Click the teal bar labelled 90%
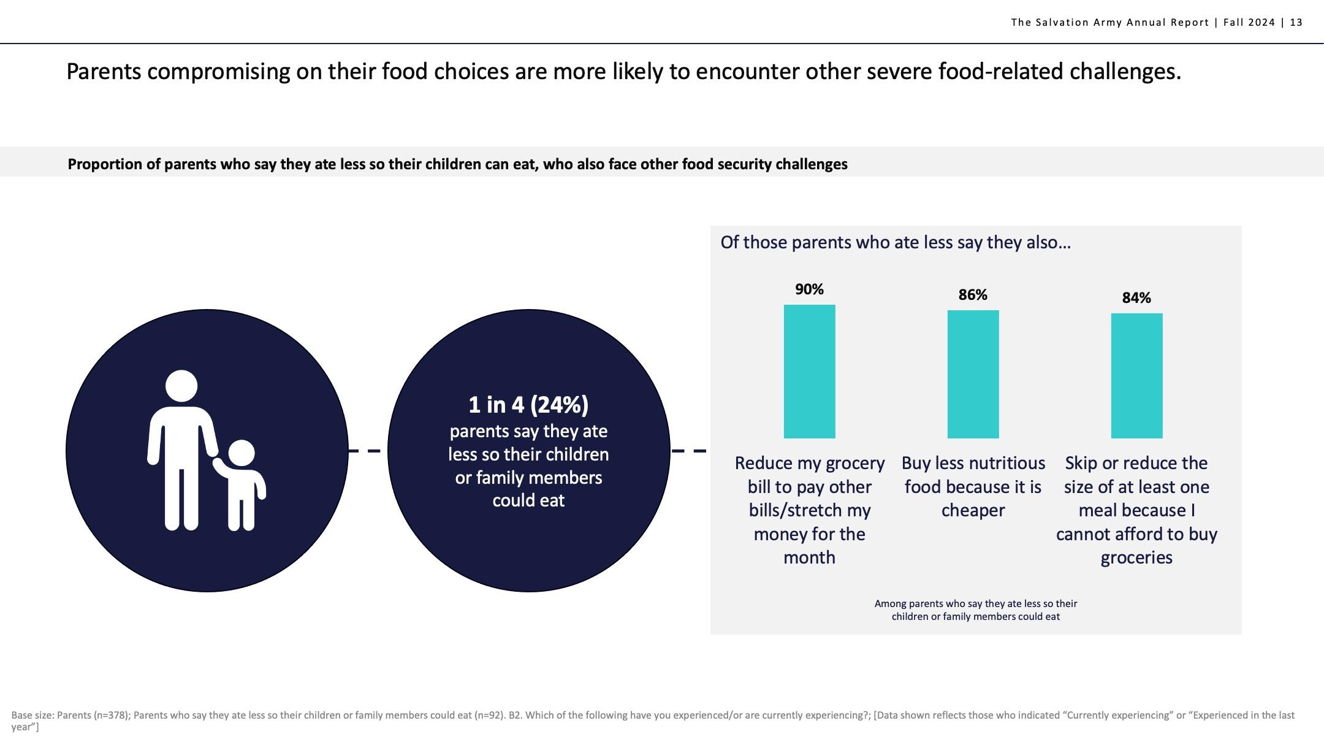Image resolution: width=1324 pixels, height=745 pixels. tap(809, 372)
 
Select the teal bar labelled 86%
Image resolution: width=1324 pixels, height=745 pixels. tap(973, 374)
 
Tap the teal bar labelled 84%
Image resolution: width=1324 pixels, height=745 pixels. tap(1136, 376)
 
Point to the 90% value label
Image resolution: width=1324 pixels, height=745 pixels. tap(809, 289)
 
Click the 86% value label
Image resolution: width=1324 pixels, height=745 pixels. tap(973, 295)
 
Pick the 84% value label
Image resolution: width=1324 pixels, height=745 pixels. tap(1136, 298)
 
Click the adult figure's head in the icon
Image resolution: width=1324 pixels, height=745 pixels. tap(181, 386)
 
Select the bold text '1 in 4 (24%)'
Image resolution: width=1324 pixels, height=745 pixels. tap(528, 405)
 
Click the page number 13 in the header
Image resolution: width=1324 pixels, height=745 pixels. tap(1296, 23)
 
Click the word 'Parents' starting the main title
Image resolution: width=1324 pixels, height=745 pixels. tap(104, 72)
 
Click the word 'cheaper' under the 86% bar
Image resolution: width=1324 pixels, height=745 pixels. tap(973, 510)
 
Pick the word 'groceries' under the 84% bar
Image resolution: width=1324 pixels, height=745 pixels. tap(1136, 558)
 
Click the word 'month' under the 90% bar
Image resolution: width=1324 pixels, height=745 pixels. tap(809, 557)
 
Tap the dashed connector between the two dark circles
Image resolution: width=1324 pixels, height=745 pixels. tap(367, 451)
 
